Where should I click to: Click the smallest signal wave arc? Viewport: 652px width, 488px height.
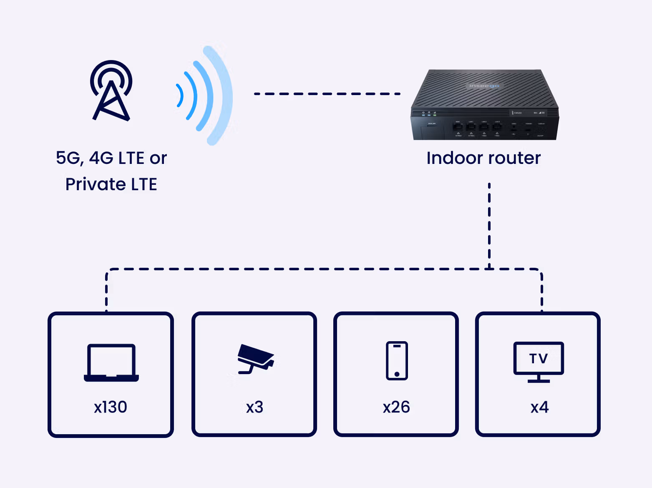(180, 96)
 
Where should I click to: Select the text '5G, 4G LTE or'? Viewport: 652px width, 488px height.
(111, 158)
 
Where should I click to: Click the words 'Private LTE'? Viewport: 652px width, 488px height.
(111, 184)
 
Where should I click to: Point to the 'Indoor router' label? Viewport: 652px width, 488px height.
(483, 158)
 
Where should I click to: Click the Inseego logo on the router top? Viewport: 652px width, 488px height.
(484, 86)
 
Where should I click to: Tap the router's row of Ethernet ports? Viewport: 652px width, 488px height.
(478, 127)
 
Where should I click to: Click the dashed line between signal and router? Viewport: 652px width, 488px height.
(327, 94)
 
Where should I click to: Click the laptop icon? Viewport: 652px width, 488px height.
(111, 362)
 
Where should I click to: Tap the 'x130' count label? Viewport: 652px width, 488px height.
(111, 407)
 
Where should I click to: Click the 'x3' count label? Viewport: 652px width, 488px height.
(254, 407)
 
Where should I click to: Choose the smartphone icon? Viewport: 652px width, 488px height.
(397, 361)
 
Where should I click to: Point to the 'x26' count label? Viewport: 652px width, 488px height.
(396, 407)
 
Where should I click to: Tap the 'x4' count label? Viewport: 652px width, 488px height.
(539, 407)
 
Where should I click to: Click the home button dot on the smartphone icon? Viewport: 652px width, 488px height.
(397, 374)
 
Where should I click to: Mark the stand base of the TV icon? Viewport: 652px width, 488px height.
(539, 381)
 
